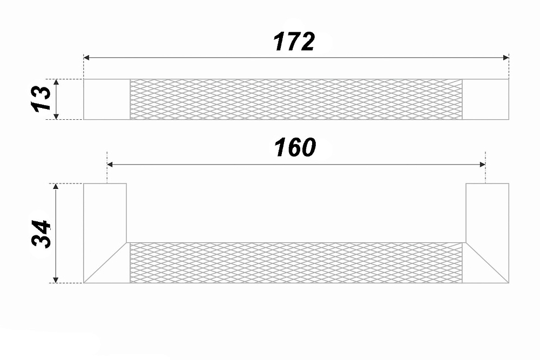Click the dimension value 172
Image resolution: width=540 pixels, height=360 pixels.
point(294,42)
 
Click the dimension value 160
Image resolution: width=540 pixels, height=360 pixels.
point(295,147)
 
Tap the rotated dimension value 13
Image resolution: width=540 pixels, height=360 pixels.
point(41,99)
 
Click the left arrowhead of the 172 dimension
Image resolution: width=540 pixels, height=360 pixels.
point(86,57)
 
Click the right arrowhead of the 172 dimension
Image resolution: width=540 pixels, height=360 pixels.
point(506,57)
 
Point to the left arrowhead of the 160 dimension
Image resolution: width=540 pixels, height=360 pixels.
point(110,165)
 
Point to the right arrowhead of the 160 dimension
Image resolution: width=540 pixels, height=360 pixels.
point(482,165)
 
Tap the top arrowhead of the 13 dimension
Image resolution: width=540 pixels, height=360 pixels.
point(57,82)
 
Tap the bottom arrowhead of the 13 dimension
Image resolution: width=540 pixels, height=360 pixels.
point(57,117)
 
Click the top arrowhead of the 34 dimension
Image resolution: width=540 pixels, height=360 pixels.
point(56,187)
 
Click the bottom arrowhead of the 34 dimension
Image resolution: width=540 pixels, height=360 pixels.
point(56,280)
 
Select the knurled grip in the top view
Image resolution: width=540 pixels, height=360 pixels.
point(296,99)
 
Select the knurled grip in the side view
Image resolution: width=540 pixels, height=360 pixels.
point(296,263)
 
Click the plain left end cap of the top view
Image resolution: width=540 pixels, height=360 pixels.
point(107,99)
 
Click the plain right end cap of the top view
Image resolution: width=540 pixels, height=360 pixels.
point(485,99)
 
